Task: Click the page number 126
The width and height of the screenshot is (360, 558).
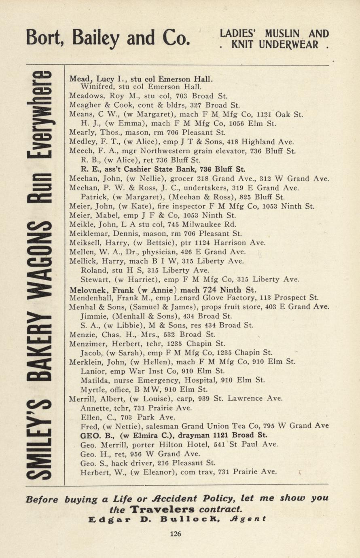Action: [176, 534]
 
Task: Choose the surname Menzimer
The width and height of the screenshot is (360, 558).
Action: [88, 344]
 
